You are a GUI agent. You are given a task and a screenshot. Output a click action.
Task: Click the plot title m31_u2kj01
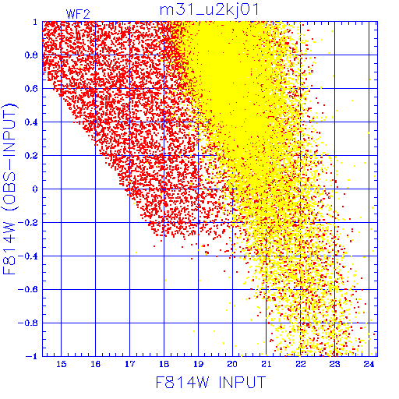(209, 10)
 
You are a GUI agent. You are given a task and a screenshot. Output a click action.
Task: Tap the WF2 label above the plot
(78, 14)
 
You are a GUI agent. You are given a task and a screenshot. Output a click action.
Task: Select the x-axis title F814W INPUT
(210, 382)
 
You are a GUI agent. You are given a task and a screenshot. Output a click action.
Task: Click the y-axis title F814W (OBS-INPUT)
(9, 189)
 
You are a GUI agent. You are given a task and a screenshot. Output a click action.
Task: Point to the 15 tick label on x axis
(62, 364)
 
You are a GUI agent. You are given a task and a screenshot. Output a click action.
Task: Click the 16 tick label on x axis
(96, 364)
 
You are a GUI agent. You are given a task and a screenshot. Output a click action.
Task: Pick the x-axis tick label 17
(130, 364)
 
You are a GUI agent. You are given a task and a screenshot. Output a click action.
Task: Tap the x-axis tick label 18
(164, 364)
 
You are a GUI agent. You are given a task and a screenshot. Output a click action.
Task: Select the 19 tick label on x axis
(199, 364)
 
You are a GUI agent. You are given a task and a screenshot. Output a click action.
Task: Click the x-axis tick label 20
(232, 364)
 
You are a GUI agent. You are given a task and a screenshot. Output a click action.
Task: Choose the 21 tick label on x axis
(267, 364)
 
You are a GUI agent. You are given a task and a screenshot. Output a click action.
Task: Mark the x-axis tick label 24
(369, 364)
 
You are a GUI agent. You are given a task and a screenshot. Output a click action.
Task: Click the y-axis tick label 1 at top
(35, 22)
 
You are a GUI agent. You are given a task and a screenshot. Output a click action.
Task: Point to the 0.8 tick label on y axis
(31, 55)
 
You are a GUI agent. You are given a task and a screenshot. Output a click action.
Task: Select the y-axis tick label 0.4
(31, 122)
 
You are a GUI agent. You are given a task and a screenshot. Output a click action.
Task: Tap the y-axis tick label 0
(35, 189)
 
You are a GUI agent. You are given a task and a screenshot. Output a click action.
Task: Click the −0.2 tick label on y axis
(28, 223)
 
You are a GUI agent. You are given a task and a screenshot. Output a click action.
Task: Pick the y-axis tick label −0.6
(28, 289)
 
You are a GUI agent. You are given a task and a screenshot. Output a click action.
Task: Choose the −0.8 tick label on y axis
(28, 323)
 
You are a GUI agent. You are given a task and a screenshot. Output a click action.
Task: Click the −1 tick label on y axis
(32, 356)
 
